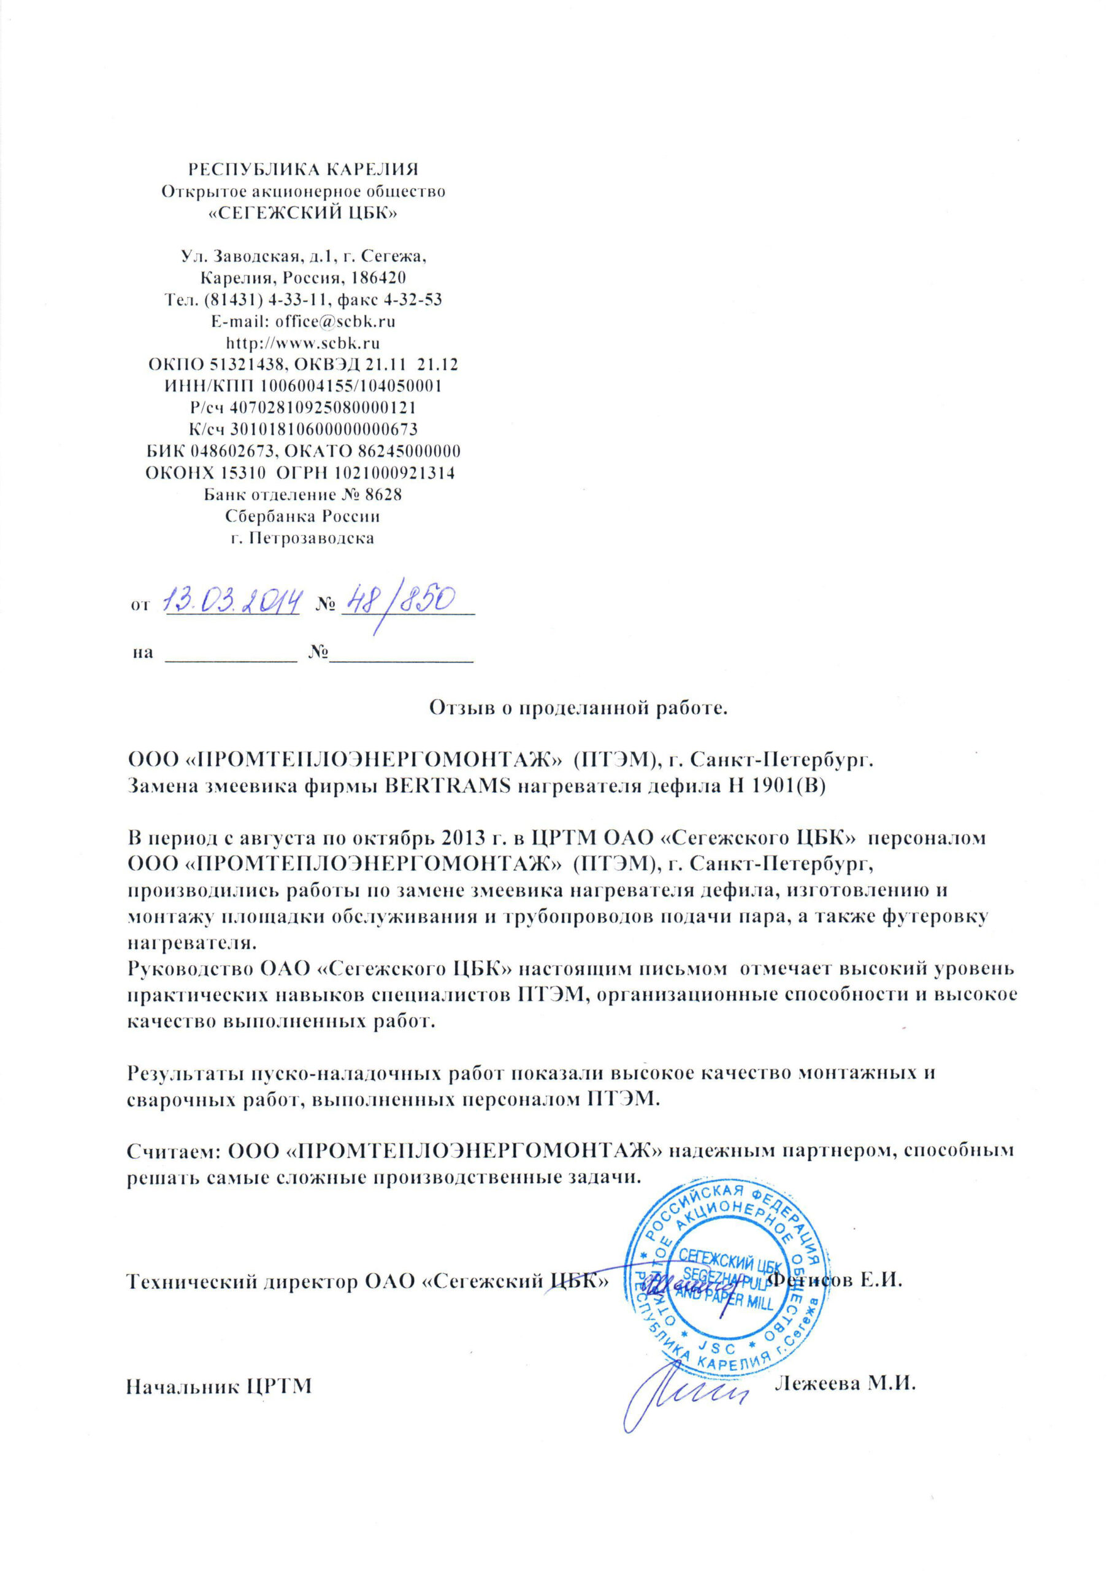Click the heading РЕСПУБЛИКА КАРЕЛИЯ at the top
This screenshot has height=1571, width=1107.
[x=303, y=168]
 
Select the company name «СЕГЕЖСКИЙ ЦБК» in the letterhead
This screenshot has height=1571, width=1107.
[x=303, y=213]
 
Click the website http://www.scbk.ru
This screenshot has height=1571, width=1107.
[x=303, y=342]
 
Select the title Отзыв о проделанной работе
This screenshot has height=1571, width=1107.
[x=578, y=708]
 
